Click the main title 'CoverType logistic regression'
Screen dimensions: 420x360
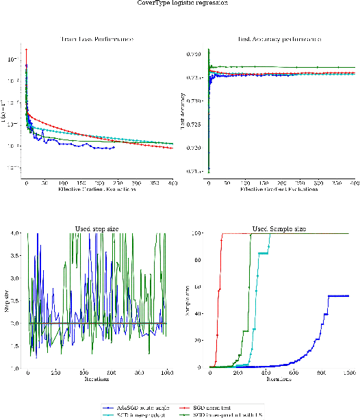(180, 3)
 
